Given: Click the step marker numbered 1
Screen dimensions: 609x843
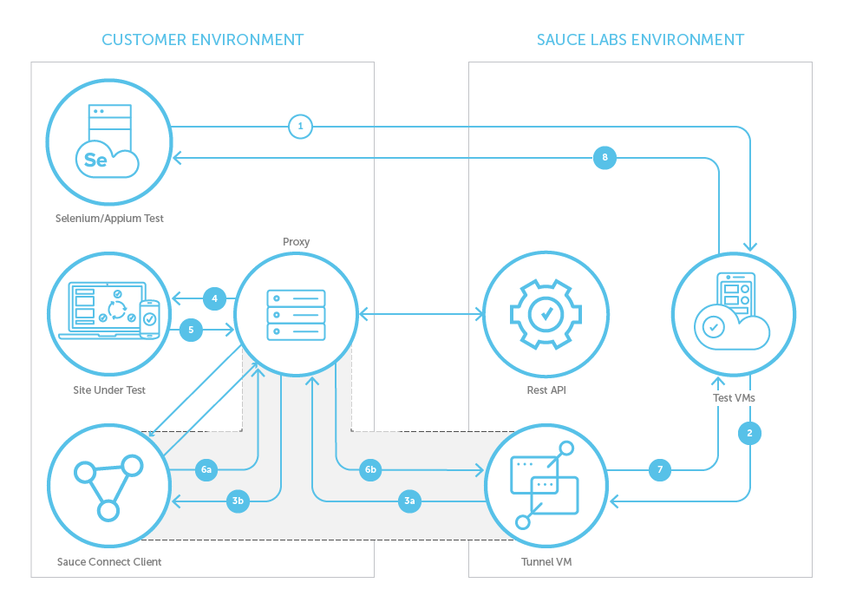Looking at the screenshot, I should [300, 127].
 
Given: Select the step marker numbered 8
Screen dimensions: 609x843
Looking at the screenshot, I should [604, 157].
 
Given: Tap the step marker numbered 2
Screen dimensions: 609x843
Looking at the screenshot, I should [749, 432].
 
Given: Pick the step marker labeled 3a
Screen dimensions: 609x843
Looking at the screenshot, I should [410, 501].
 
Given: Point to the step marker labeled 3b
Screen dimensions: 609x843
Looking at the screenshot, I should [238, 501].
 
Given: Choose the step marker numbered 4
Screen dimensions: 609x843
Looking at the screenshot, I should [214, 299].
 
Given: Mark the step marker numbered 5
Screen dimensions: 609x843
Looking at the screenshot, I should [191, 330].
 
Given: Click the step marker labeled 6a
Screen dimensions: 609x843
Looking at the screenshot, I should [206, 470].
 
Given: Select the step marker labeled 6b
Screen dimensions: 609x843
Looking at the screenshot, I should [370, 470].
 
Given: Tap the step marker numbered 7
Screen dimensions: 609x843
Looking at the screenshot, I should [660, 470].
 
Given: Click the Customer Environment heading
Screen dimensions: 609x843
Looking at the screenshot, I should [202, 40].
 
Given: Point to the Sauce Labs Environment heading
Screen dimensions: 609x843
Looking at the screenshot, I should [640, 40].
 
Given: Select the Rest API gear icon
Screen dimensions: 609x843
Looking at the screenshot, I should [545, 314].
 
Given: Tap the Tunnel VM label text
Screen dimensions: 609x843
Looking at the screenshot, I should [546, 562].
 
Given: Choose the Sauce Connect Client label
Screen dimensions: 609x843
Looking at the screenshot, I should [109, 562].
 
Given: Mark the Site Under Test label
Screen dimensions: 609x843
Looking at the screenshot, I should [109, 390].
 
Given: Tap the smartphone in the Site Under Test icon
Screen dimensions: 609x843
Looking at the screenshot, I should [149, 318].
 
